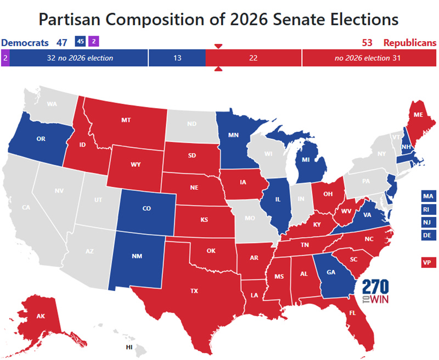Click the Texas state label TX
pos(194,291)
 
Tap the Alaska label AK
pos(26,316)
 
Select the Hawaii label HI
pos(130,347)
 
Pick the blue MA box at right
pos(428,196)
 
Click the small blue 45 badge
pos(80,41)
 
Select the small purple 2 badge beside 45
pos(94,41)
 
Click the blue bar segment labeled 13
pos(177,58)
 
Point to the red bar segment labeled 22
pos(253,58)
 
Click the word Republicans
pos(409,43)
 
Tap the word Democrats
pos(25,43)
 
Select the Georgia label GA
pos(331,271)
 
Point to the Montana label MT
pos(125,120)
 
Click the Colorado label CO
pos(147,209)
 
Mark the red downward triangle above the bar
pos(218,46)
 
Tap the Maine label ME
pos(418,115)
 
